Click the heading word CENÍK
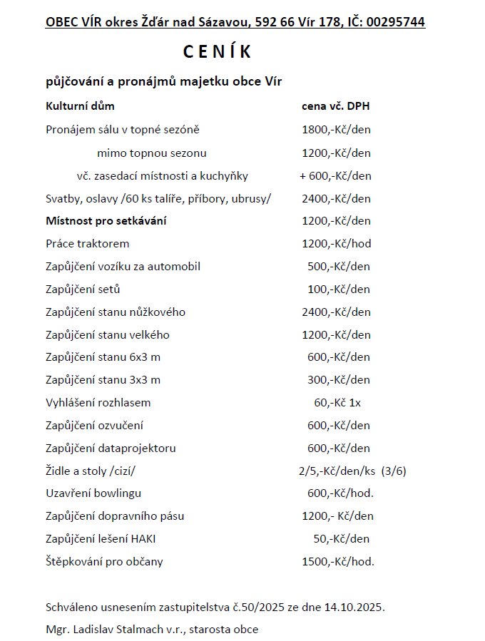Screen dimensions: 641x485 pos(218,52)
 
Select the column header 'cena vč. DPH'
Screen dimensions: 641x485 pos(335,107)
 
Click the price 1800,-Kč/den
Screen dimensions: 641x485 pos(336,130)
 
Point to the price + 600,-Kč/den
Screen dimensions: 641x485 pos(335,175)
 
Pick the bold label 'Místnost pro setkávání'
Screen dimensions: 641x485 pos(106,221)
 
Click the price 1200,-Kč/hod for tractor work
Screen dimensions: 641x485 pos(337,244)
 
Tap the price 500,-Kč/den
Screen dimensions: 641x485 pos(339,267)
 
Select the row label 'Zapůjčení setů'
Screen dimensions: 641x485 pos(83,289)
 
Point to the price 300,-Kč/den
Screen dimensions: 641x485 pos(339,380)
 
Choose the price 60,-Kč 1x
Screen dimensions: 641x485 pos(337,403)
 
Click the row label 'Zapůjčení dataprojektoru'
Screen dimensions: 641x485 pos(111,448)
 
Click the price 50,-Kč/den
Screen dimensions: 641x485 pos(341,539)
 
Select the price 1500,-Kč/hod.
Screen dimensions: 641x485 pos(338,562)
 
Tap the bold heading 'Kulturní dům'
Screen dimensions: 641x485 pos(80,107)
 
